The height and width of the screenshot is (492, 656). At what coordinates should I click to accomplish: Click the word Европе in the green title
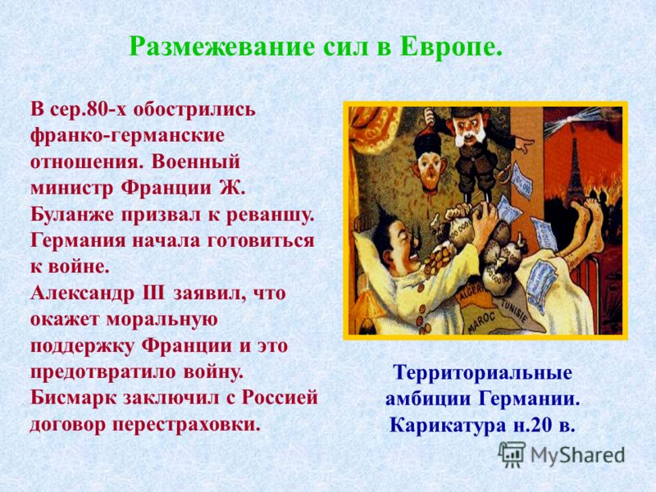tap(452, 48)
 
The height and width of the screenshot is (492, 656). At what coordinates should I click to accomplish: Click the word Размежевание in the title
tap(221, 47)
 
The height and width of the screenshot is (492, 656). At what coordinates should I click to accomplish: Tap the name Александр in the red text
tap(83, 294)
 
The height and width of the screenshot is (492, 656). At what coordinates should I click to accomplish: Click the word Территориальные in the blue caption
tap(482, 372)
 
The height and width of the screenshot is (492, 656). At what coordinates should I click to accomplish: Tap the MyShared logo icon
tap(512, 454)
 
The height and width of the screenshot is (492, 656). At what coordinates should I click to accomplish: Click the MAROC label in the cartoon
tap(481, 322)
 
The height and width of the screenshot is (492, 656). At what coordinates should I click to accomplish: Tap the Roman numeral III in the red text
tap(154, 293)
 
